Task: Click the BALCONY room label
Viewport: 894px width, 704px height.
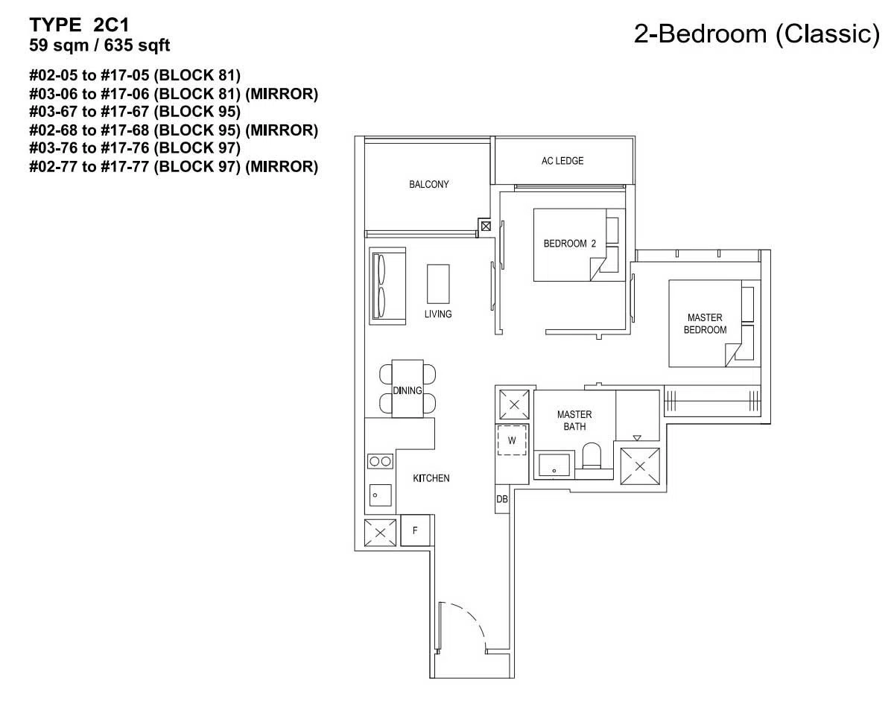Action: [x=428, y=184]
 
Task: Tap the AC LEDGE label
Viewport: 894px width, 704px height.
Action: [x=562, y=161]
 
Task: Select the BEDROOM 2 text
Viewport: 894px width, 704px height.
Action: [x=569, y=244]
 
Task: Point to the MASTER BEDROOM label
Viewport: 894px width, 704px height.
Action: [x=705, y=324]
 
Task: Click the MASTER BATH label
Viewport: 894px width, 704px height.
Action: [x=574, y=420]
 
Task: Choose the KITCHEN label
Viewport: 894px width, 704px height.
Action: [x=431, y=478]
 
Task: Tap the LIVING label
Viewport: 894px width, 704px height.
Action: [x=438, y=314]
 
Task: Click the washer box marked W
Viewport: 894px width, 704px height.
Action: [x=512, y=440]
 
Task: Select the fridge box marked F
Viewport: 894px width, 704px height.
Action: [x=415, y=530]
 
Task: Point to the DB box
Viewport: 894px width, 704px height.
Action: [x=502, y=499]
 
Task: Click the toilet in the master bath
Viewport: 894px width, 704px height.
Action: [x=592, y=456]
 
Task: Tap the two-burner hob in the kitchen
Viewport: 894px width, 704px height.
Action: [x=380, y=461]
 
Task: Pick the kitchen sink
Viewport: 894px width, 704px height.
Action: [x=380, y=495]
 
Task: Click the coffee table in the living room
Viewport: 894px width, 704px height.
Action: [x=438, y=285]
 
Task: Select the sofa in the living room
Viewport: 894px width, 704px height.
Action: [x=387, y=286]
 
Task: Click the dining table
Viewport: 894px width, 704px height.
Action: [x=408, y=389]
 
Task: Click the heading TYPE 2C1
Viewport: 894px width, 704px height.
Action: [x=80, y=25]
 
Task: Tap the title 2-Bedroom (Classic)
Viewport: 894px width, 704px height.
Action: [x=756, y=34]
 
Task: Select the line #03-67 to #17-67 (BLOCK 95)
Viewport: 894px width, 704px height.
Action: [x=135, y=112]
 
